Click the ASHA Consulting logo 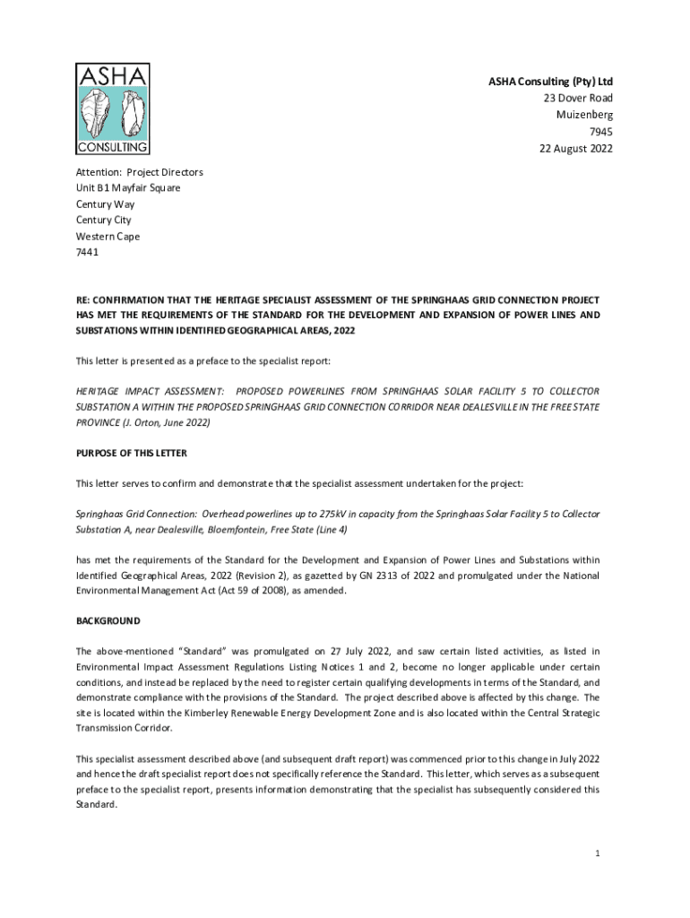pyautogui.click(x=113, y=109)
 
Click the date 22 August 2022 pyautogui.click(x=570, y=149)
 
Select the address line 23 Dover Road pyautogui.click(x=578, y=99)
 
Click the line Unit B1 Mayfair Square pyautogui.click(x=128, y=188)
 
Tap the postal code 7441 pyautogui.click(x=88, y=253)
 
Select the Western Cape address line pyautogui.click(x=108, y=237)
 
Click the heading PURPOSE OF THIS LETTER pyautogui.click(x=132, y=453)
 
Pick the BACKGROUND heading pyautogui.click(x=108, y=621)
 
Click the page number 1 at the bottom pyautogui.click(x=597, y=853)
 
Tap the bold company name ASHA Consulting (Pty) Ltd pyautogui.click(x=550, y=82)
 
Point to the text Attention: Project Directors pyautogui.click(x=140, y=172)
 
